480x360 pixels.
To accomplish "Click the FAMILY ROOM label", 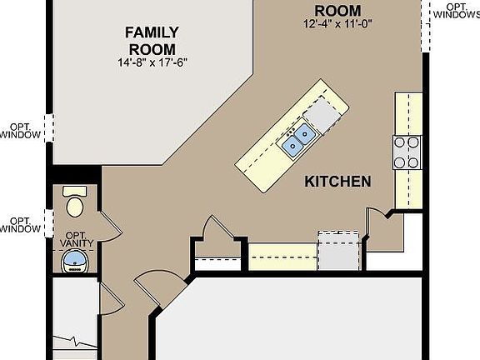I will pos(152,40).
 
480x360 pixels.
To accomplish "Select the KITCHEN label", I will pos(337,181).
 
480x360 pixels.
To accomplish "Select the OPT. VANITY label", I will pos(80,238).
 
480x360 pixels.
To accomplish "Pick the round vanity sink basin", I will pos(77,260).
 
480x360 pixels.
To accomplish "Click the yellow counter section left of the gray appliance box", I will pos(282,257).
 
